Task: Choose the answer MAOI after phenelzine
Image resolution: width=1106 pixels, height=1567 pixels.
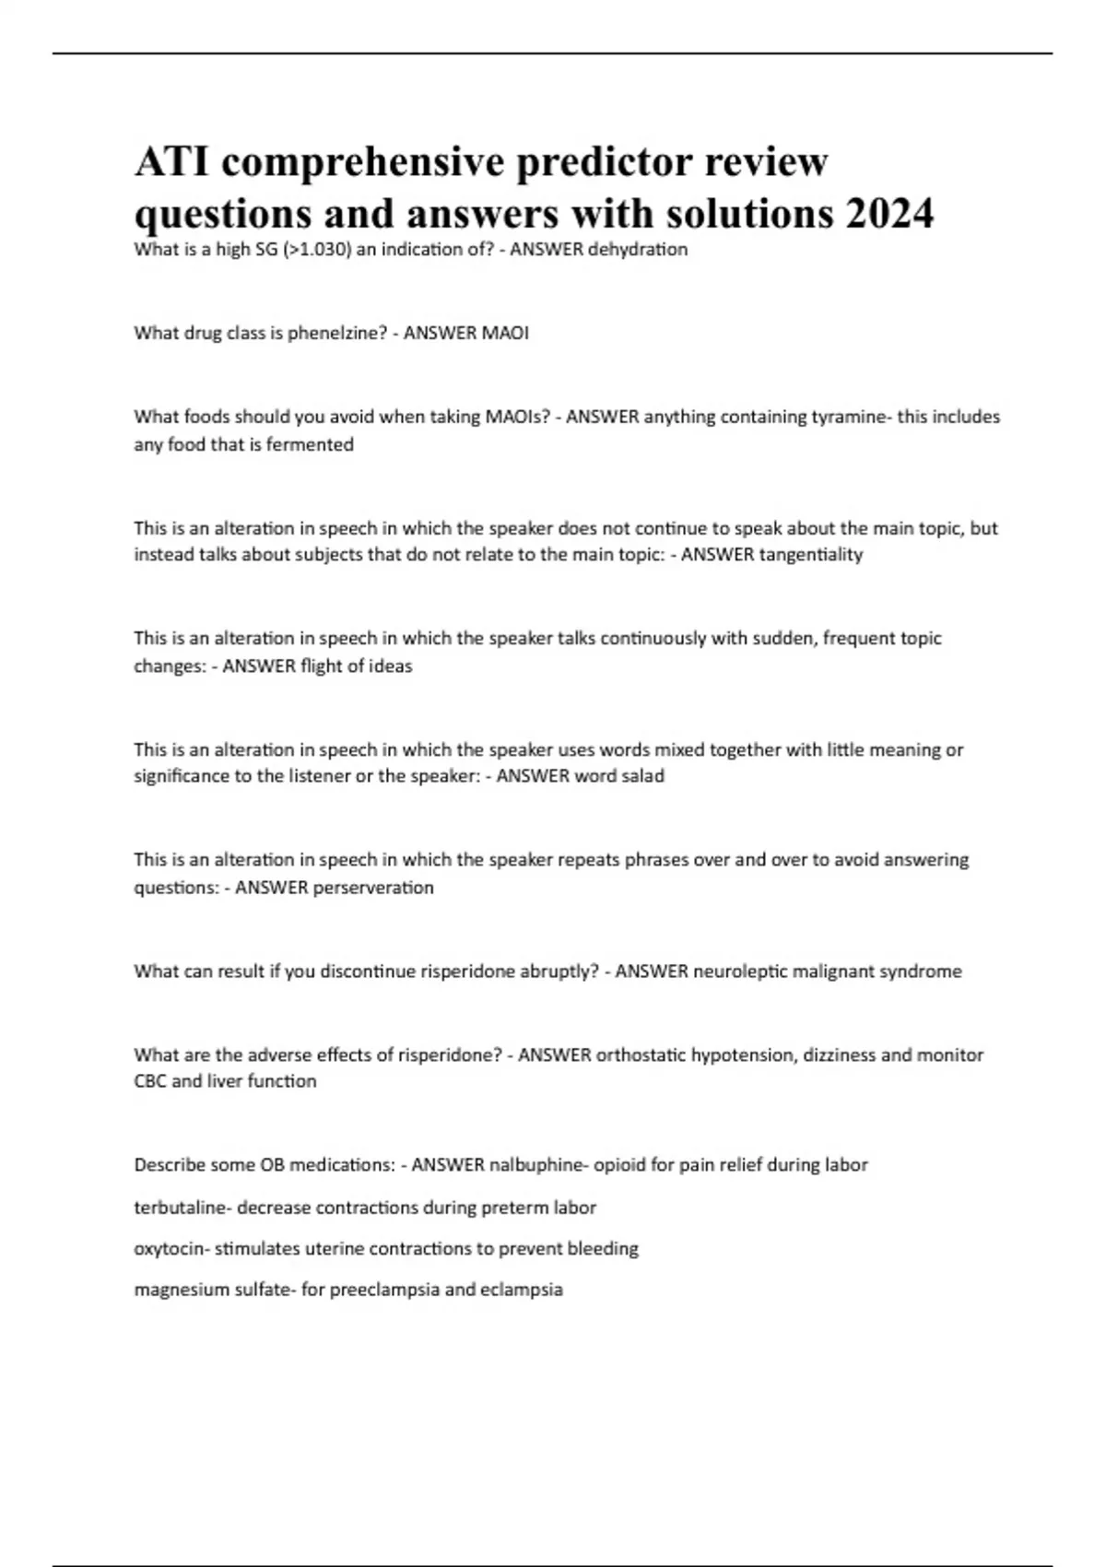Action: (x=505, y=333)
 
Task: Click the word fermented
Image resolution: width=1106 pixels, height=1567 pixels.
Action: (x=310, y=444)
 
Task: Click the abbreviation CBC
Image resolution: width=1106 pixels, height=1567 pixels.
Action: (x=150, y=1080)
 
